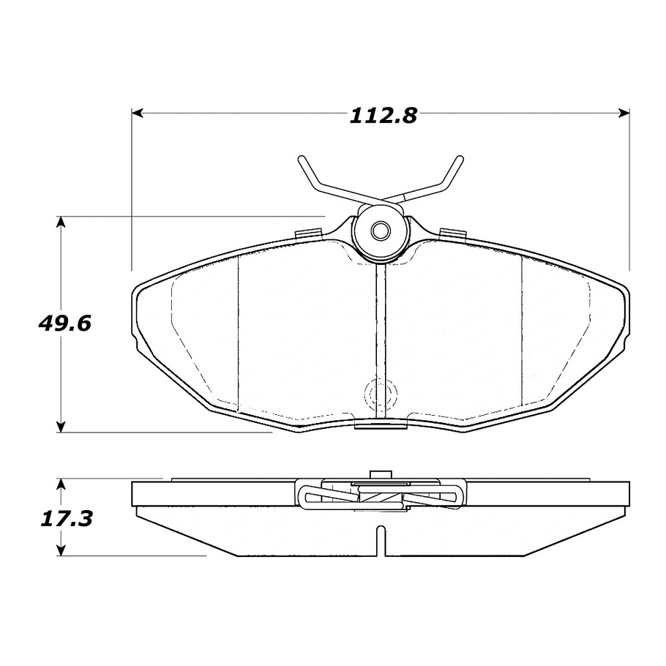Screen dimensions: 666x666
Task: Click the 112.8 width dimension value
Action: point(383,116)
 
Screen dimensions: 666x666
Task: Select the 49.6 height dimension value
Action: point(65,324)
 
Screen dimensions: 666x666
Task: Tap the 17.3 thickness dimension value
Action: point(67,519)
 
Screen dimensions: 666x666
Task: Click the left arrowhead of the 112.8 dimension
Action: point(137,113)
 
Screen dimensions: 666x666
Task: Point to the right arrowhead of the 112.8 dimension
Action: point(624,113)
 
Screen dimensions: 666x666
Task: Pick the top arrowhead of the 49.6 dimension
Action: point(61,222)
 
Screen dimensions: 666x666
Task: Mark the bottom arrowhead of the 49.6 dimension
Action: point(61,427)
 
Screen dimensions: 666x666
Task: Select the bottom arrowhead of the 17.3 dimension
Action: point(61,550)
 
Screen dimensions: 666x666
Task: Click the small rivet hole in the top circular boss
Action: point(380,231)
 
